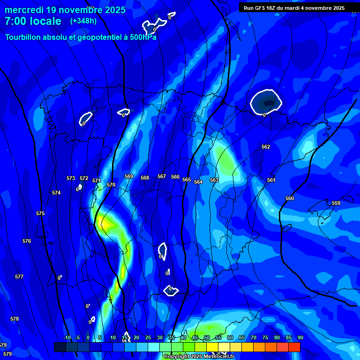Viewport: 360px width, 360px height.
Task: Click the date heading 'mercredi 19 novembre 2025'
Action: [x=65, y=10]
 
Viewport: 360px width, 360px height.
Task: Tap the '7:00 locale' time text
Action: [x=33, y=21]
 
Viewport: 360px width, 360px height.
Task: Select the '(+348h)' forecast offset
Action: [x=83, y=21]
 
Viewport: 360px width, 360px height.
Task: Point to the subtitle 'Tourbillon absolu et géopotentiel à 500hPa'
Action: [x=81, y=37]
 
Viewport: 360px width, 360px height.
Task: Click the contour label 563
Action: [x=214, y=180]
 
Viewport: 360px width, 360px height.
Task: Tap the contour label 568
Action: [x=145, y=178]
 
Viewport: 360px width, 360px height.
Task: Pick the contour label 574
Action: [x=56, y=193]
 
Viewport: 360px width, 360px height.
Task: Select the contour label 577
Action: [x=19, y=277]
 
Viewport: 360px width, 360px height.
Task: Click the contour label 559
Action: [x=336, y=203]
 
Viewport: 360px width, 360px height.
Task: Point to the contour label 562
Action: [x=266, y=147]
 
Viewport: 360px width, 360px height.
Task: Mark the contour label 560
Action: [x=290, y=198]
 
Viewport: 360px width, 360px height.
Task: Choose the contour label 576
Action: [x=27, y=241]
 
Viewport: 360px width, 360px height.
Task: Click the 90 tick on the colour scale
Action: [x=300, y=337]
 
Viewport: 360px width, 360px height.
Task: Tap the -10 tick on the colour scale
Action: [x=67, y=337]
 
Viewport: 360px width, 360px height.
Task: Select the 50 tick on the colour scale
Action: [x=207, y=337]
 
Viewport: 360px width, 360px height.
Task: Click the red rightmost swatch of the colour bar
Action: [x=294, y=347]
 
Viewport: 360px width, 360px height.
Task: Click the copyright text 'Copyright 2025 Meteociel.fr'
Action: [x=199, y=356]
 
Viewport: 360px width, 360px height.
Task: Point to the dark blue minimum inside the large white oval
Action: [x=267, y=101]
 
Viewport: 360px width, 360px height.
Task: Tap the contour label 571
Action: [x=97, y=180]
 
